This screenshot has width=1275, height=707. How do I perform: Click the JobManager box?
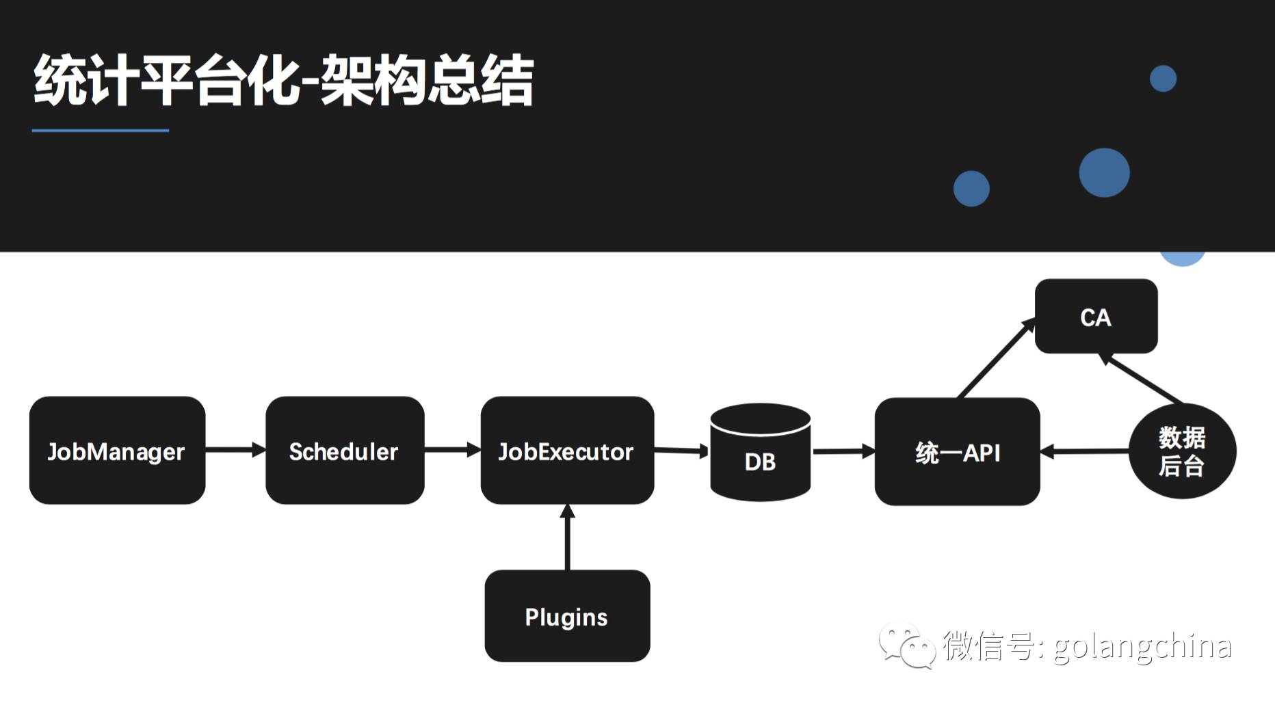(117, 450)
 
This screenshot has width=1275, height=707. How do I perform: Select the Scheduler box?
(345, 450)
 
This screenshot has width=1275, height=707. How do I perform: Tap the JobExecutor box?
(567, 450)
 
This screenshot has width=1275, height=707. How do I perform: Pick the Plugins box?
(567, 615)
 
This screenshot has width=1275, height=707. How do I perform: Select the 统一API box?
(957, 451)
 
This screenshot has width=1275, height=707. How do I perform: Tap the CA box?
(1096, 316)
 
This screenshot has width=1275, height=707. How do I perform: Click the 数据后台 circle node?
(1182, 451)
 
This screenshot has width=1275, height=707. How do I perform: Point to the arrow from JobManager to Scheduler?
(235, 449)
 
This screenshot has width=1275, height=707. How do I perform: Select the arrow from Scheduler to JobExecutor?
(451, 449)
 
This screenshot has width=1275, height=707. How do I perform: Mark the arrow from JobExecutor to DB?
(681, 450)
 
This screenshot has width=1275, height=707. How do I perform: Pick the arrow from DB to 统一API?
(843, 451)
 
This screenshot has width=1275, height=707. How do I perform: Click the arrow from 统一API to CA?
(995, 358)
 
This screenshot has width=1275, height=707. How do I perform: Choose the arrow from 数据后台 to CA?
(1141, 378)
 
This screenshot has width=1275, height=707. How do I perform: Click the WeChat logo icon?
(907, 645)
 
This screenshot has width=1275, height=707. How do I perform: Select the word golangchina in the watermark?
(1142, 646)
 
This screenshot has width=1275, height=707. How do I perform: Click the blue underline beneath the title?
(101, 130)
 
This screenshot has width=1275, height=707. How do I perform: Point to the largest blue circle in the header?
(1104, 173)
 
